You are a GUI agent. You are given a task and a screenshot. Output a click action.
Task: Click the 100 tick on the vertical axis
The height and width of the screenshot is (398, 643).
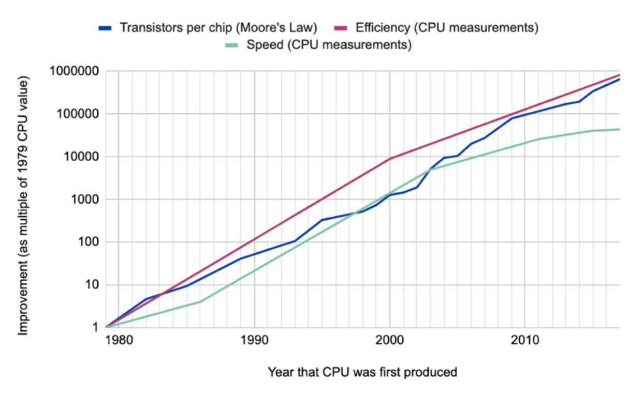(88, 242)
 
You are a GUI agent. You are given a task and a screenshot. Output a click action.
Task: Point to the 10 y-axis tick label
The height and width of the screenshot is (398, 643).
(92, 285)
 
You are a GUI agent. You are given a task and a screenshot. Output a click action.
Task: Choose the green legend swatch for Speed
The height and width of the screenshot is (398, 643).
(231, 45)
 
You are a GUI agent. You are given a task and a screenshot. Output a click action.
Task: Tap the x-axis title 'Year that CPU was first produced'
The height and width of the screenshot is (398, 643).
(362, 372)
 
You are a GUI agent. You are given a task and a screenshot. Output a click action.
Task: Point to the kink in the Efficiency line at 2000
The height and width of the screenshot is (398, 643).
(389, 159)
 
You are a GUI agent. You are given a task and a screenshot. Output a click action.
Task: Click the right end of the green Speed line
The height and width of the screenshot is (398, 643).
(619, 129)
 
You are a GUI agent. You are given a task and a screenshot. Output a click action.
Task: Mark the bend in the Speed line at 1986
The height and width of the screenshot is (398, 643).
(200, 302)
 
